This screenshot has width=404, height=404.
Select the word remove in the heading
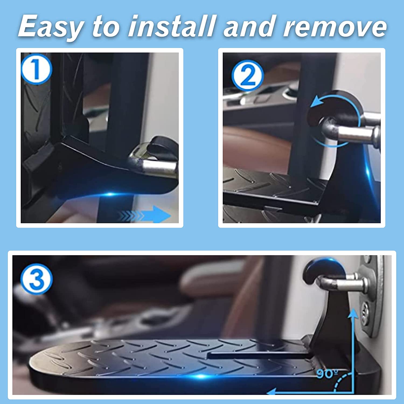pos(335,26)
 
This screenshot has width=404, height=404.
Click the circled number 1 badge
pos(36,69)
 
